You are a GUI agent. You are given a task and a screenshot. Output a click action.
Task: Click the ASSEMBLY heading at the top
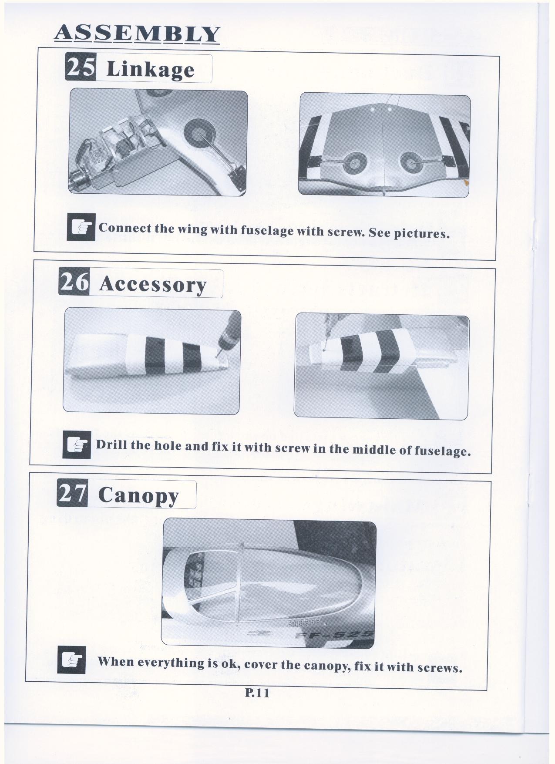136,34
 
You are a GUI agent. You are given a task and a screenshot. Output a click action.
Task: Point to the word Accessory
152,285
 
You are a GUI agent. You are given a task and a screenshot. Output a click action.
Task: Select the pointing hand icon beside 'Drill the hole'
77,444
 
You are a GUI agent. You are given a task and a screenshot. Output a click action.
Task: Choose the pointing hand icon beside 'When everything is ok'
71,660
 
